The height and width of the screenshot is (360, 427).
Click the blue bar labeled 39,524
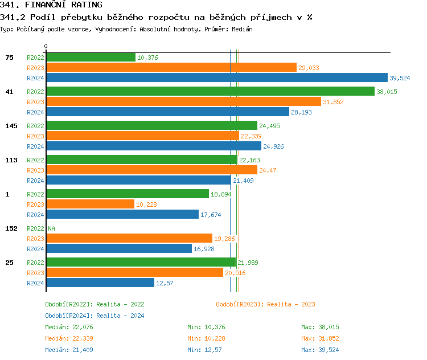[x=216, y=78]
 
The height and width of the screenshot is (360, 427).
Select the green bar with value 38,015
[x=210, y=91]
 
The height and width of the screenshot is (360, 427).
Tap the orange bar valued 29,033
[x=171, y=67]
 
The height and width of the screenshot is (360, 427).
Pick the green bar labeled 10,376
[x=91, y=57]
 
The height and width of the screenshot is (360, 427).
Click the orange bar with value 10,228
[x=90, y=204]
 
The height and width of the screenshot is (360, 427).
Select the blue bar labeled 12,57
[x=100, y=283]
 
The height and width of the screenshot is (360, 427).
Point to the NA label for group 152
[x=51, y=228]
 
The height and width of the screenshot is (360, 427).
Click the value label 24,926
[x=274, y=146]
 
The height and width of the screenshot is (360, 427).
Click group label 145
[x=11, y=126]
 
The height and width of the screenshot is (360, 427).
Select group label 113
[x=11, y=160]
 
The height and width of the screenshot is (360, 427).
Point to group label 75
[x=9, y=58]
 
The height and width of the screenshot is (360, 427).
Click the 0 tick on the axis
[x=46, y=46]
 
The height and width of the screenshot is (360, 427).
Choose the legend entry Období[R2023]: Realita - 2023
[x=265, y=304]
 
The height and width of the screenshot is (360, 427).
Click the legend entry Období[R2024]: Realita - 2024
[x=95, y=316]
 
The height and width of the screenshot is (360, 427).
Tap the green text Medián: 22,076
[x=69, y=327]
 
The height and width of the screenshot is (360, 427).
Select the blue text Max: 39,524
[x=320, y=350]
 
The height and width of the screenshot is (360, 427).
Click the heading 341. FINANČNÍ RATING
[x=51, y=5]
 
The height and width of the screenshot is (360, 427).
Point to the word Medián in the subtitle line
[x=242, y=29]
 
